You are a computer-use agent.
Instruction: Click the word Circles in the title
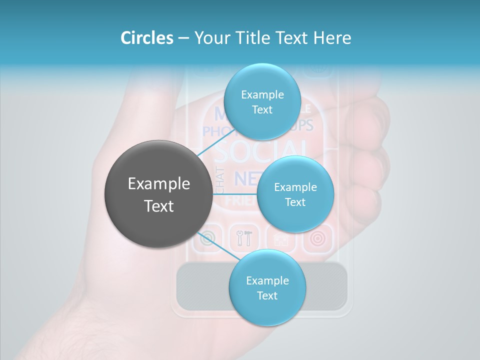pos(146,38)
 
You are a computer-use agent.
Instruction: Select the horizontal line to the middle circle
pos(235,194)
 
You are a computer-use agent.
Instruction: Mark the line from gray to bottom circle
pos(215,245)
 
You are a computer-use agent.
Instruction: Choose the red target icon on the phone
pos(317,238)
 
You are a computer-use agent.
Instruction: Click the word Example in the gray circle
pos(159,184)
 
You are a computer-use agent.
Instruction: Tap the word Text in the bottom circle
pos(267,295)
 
